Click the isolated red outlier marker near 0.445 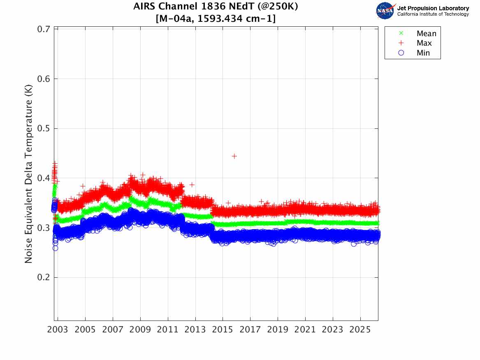point(234,156)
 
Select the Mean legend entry point(426,34)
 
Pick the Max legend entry point(424,43)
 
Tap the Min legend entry point(423,53)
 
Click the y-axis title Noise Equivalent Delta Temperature point(28,177)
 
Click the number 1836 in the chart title point(196,7)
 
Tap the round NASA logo point(385,11)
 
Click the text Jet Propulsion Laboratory point(433,8)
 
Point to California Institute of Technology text point(433,14)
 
